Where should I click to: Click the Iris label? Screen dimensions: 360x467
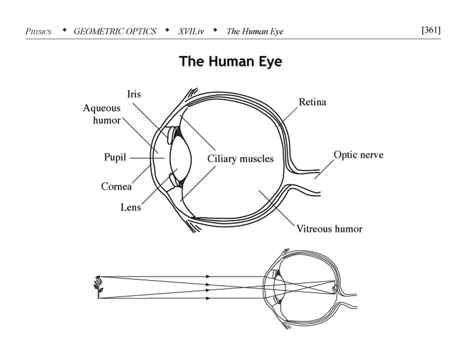[x=134, y=94]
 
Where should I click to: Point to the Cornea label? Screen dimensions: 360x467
[x=116, y=187]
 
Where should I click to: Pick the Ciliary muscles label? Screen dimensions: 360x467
[x=240, y=159]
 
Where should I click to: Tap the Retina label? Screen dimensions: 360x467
[x=312, y=103]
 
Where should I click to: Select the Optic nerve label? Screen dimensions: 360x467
[x=358, y=155]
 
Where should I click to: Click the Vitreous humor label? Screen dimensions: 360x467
[x=329, y=228]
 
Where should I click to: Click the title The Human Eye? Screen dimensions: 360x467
[x=230, y=61]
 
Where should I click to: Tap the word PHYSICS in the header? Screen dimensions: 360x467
[x=39, y=32]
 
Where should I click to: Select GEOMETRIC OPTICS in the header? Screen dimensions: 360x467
[x=115, y=32]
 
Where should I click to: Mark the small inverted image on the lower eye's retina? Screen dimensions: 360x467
[x=334, y=288]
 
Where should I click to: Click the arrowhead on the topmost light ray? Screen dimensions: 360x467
[x=209, y=276]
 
